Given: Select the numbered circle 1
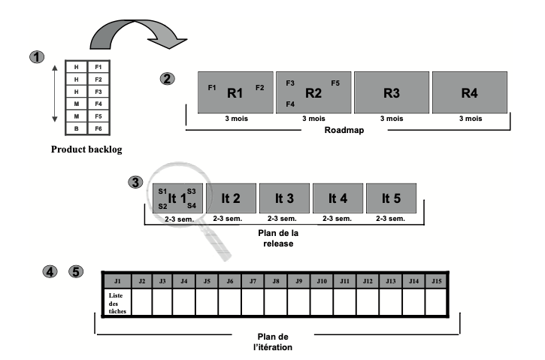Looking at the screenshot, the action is (37, 57).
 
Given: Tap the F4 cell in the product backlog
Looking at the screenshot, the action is (98, 104).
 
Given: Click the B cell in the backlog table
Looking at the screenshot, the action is (77, 129).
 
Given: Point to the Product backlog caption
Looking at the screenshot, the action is (86, 150).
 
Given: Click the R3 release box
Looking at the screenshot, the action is (392, 92).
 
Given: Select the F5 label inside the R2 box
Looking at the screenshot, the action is (335, 83).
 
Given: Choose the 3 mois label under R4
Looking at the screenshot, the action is (471, 119).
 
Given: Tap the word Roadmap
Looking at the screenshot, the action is (344, 130).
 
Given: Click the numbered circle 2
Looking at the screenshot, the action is (167, 79).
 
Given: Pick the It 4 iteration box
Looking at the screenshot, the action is (338, 198).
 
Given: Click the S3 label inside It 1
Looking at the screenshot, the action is (192, 192).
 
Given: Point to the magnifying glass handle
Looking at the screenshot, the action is (216, 243).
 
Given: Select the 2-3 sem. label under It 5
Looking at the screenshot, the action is (390, 219).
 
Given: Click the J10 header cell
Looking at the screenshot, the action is (322, 281).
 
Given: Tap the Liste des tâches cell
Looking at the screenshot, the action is (117, 303).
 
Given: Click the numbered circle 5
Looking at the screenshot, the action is (76, 271).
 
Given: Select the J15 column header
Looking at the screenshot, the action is (437, 281).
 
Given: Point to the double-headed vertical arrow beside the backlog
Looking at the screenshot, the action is (55, 93).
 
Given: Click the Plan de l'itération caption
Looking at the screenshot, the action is (273, 342).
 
